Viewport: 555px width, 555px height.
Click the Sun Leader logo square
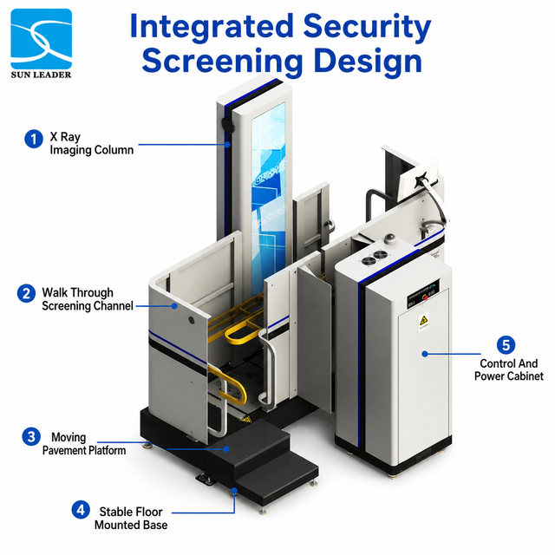pos(42,39)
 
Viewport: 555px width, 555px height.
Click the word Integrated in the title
pos(212,27)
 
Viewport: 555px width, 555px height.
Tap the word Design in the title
pos(368,62)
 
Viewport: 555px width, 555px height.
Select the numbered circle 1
pos(34,139)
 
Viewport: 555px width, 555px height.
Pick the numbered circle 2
pos(27,293)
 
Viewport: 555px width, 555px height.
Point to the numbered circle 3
pos(31,437)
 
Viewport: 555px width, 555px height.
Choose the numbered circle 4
pos(81,510)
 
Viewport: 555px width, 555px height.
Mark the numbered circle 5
pos(506,345)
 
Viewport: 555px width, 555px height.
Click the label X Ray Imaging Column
pos(92,143)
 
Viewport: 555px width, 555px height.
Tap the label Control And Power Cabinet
pos(509,369)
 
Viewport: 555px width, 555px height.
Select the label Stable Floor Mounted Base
pos(131,519)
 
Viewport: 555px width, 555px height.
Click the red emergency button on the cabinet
pos(426,297)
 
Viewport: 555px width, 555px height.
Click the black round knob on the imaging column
pos(227,125)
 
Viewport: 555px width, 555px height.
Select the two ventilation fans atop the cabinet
pos(375,258)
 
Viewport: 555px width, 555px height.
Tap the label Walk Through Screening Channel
pos(88,299)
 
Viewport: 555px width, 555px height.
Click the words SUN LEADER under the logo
pos(41,75)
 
